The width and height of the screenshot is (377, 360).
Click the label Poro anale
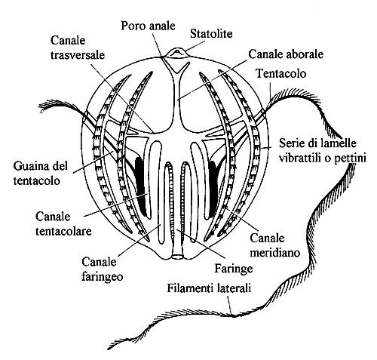148,26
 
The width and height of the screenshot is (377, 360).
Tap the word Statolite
211,33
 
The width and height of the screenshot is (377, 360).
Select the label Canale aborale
286,54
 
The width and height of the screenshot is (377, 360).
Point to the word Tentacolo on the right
280,73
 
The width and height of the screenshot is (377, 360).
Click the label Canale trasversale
78,48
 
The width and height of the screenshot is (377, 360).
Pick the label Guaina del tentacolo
41,174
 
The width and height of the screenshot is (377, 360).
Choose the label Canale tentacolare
63,223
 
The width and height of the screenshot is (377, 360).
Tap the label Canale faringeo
103,269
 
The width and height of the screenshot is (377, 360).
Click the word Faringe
233,269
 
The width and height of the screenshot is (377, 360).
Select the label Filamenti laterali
209,288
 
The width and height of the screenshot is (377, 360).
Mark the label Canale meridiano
275,245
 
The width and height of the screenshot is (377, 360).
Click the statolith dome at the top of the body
178,53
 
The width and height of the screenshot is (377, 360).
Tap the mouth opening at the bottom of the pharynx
178,257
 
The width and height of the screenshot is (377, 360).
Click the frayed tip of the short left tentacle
43,106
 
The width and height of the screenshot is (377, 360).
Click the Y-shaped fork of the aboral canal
178,73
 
